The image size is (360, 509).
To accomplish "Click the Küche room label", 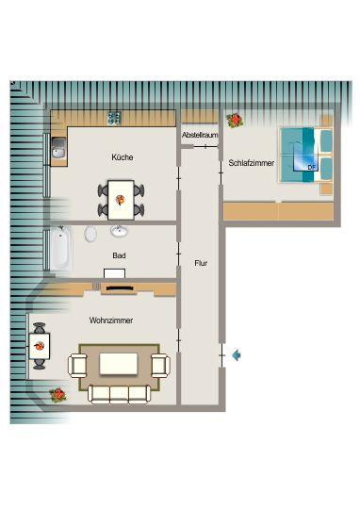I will coord(122,157).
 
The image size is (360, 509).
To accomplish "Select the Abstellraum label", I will coord(200,136).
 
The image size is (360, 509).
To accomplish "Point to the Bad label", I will coord(119,255).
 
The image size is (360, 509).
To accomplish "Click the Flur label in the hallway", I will coord(200,263).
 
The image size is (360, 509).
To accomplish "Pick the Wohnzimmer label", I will coord(110,321).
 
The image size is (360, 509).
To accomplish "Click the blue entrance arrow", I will coord(237,354).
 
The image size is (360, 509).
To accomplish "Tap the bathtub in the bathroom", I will coord(59,247).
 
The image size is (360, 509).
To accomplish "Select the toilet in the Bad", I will coord(91,234).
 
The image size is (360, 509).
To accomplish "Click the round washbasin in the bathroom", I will coord(121,231).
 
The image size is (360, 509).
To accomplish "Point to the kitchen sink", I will coord(58,148).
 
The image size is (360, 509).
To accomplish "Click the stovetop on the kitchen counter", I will coord(115,119).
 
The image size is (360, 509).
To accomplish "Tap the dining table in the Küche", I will coord(121,199).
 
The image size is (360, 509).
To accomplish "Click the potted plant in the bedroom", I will coord(235,121).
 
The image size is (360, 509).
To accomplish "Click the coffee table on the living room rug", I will coord(119,363).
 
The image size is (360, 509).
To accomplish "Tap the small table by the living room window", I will coord(41,346).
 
